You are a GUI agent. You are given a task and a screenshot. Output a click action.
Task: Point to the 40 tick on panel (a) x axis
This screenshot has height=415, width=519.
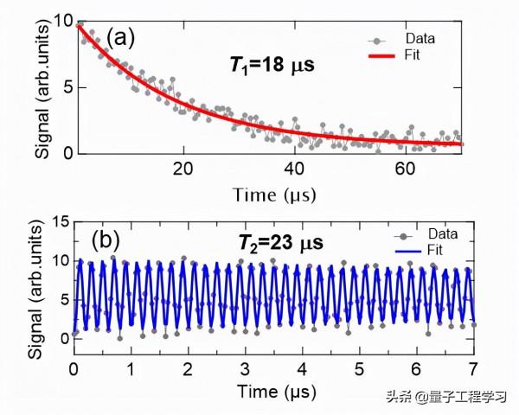coord(294,168)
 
